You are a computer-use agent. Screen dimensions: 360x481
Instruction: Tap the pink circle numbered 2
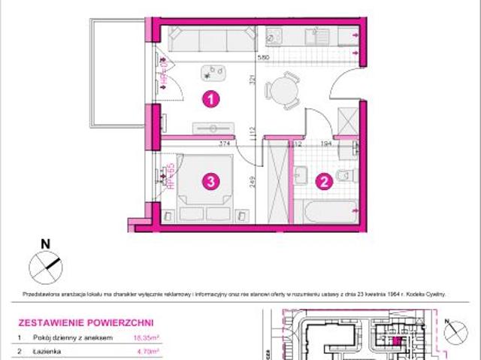point(324,180)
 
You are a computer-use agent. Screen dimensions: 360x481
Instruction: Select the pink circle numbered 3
point(213,180)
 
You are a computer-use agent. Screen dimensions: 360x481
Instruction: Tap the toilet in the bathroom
point(345,174)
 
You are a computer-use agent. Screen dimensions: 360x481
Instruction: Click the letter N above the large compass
point(44,243)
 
